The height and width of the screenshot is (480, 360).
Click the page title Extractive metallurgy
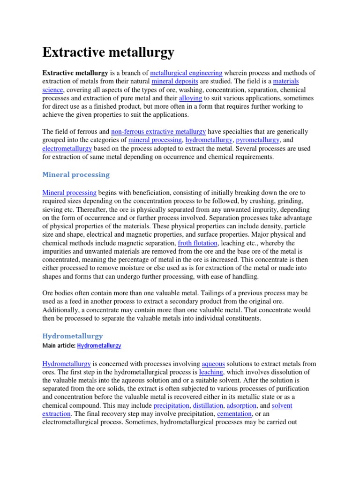(108, 52)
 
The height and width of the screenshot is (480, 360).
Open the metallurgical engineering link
(186, 73)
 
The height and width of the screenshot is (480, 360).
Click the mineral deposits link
(169, 82)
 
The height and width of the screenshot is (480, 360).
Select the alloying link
(190, 98)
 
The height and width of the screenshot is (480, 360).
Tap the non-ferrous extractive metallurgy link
(158, 132)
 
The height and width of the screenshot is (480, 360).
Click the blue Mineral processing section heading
(76, 175)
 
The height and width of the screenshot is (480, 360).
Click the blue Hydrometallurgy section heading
(73, 336)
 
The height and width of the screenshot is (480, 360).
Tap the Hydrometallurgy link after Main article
(99, 346)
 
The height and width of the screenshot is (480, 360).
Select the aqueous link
(213, 364)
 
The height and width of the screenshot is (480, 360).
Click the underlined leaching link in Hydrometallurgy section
(210, 372)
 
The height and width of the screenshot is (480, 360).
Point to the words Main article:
(59, 346)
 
